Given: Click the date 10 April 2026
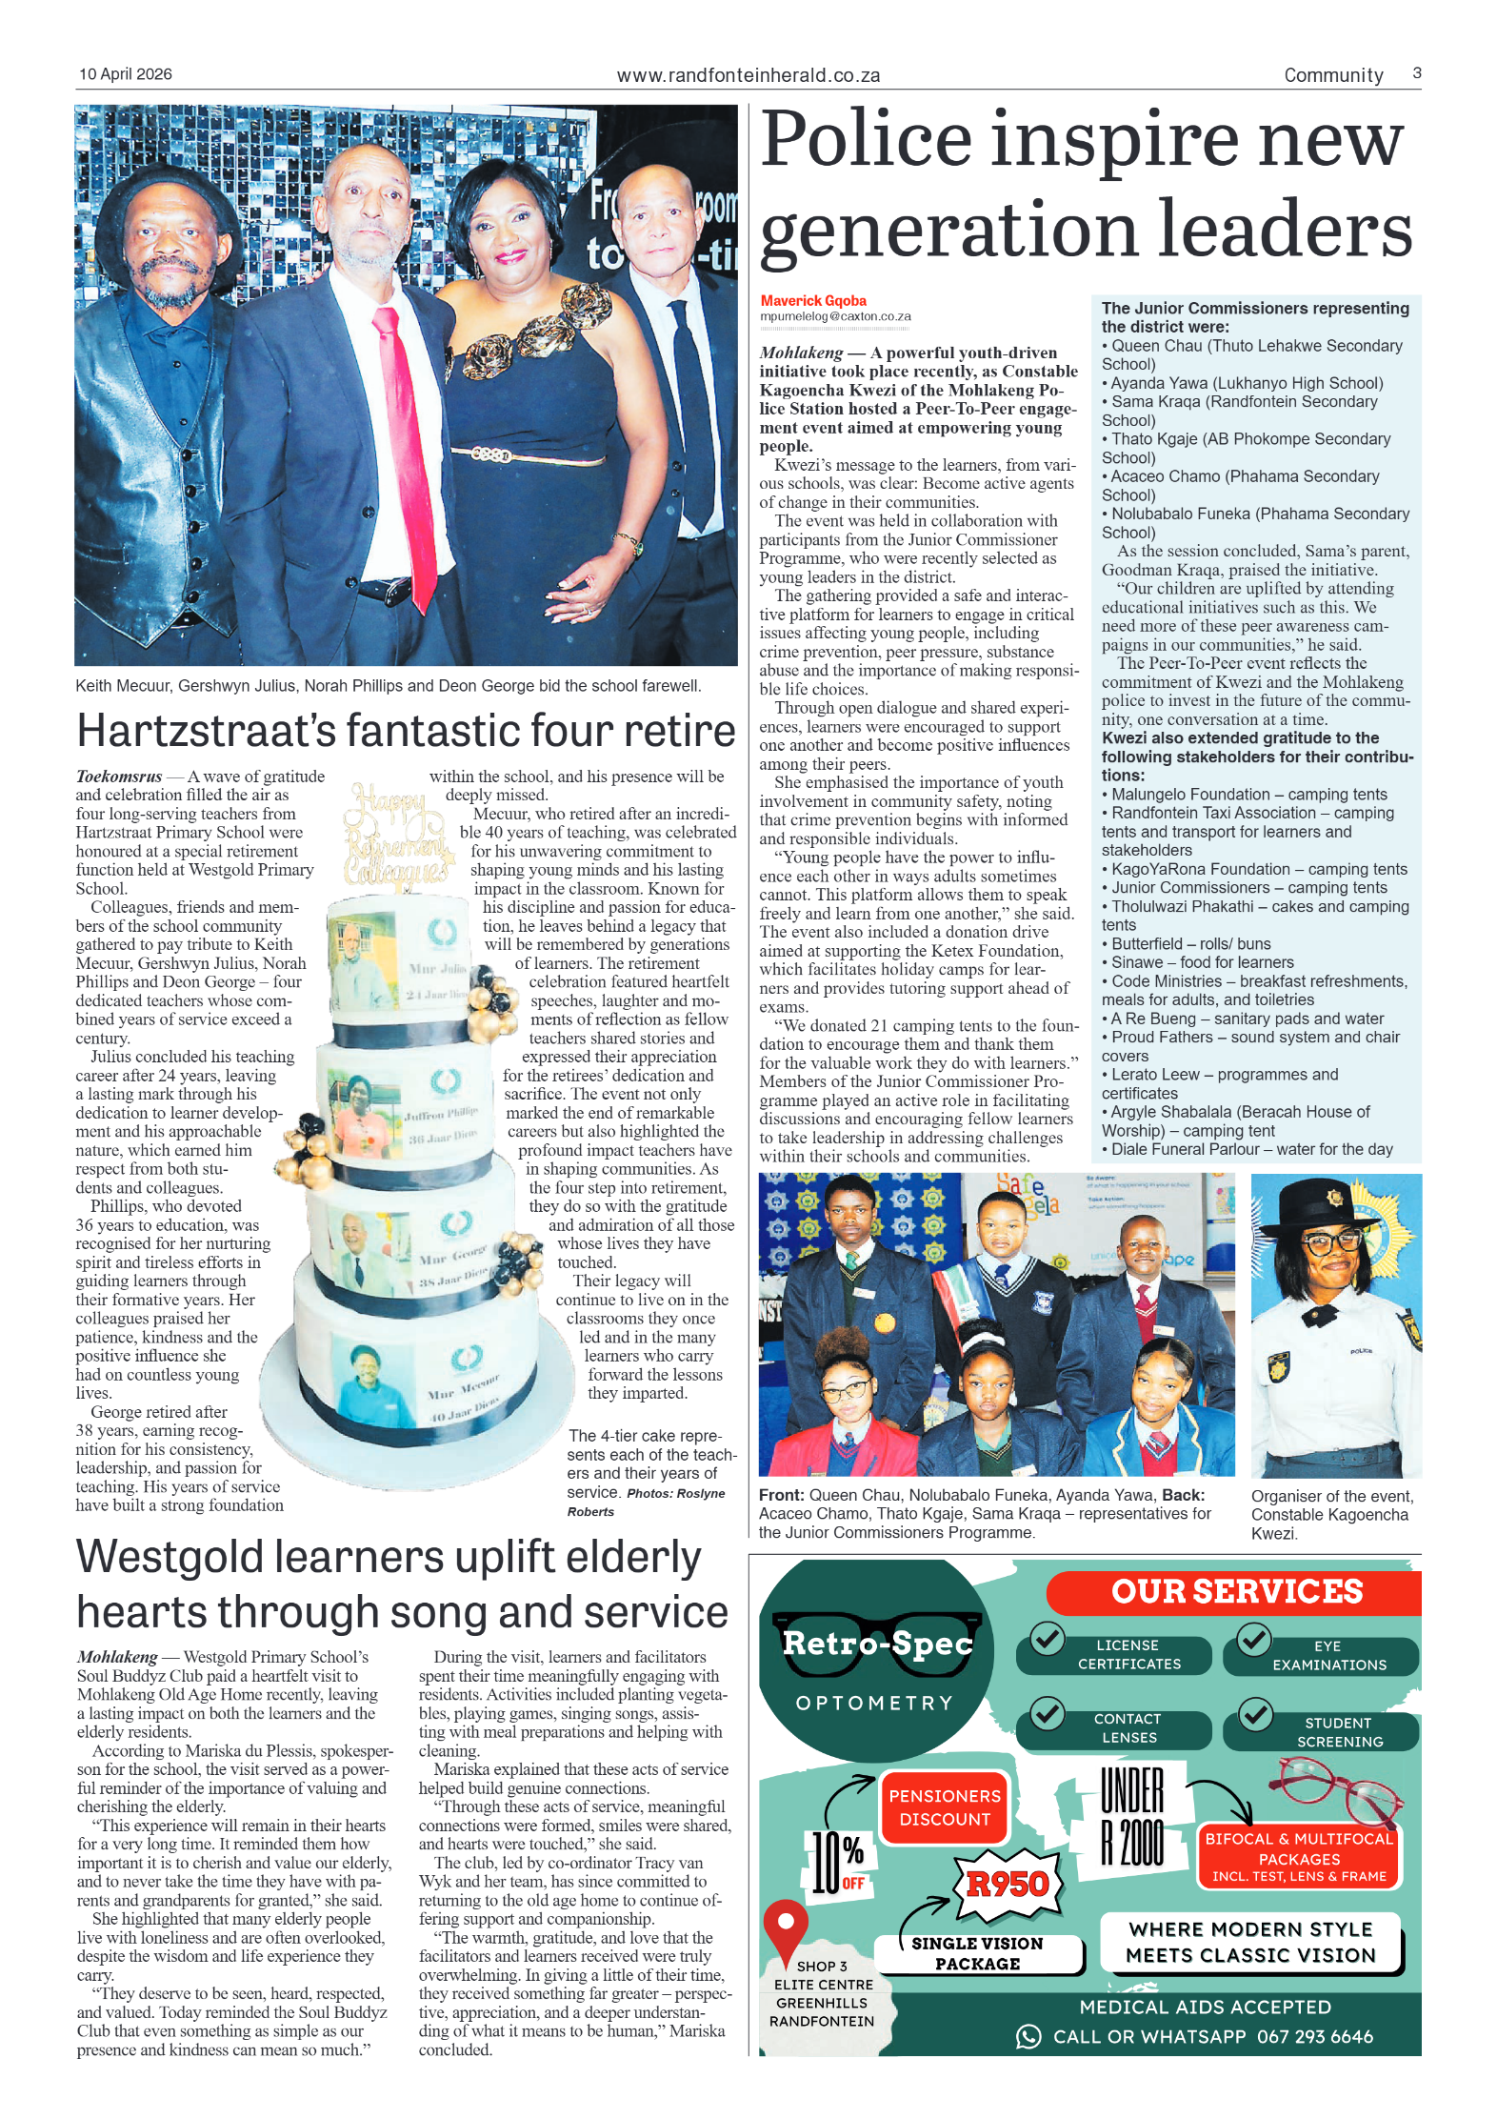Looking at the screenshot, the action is click(x=126, y=74).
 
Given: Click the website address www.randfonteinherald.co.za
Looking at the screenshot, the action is click(x=748, y=75).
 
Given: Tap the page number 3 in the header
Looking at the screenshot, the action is click(x=1417, y=73).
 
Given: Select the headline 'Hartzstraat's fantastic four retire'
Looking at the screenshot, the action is click(x=406, y=731).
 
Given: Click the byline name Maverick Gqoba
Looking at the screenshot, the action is click(x=813, y=301).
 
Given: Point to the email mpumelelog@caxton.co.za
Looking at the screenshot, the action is click(x=835, y=316).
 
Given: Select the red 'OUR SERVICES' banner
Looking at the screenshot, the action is click(x=1236, y=1592).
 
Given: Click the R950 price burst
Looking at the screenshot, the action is click(x=1008, y=1884).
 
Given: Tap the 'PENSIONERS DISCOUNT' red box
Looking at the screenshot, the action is click(x=945, y=1807).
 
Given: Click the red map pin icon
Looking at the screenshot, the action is click(x=786, y=1926).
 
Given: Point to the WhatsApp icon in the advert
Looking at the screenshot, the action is click(x=1028, y=2036).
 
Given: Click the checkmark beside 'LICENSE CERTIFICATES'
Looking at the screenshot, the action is click(x=1048, y=1640).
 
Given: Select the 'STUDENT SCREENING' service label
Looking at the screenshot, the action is click(x=1339, y=1732).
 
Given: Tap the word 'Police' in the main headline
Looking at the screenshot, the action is click(x=867, y=140).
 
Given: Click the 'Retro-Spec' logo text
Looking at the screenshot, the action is click(x=877, y=1643).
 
